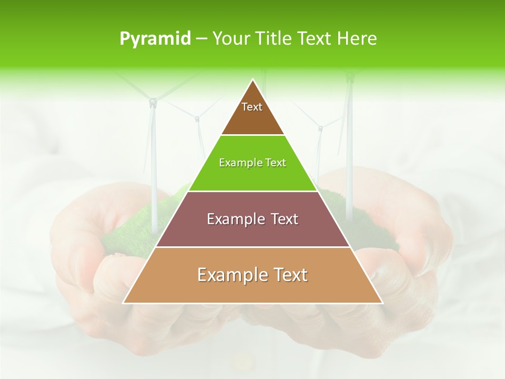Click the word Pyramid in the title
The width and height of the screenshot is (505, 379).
point(155,39)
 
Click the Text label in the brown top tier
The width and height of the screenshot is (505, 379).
point(252,107)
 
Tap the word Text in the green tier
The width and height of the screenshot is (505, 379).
point(275,163)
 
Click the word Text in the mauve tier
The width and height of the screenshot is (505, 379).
point(285,219)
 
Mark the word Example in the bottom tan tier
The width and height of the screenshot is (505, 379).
point(229,275)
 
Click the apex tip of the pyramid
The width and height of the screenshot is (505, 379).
point(253,80)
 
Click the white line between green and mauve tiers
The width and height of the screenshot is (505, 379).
point(252,191)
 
